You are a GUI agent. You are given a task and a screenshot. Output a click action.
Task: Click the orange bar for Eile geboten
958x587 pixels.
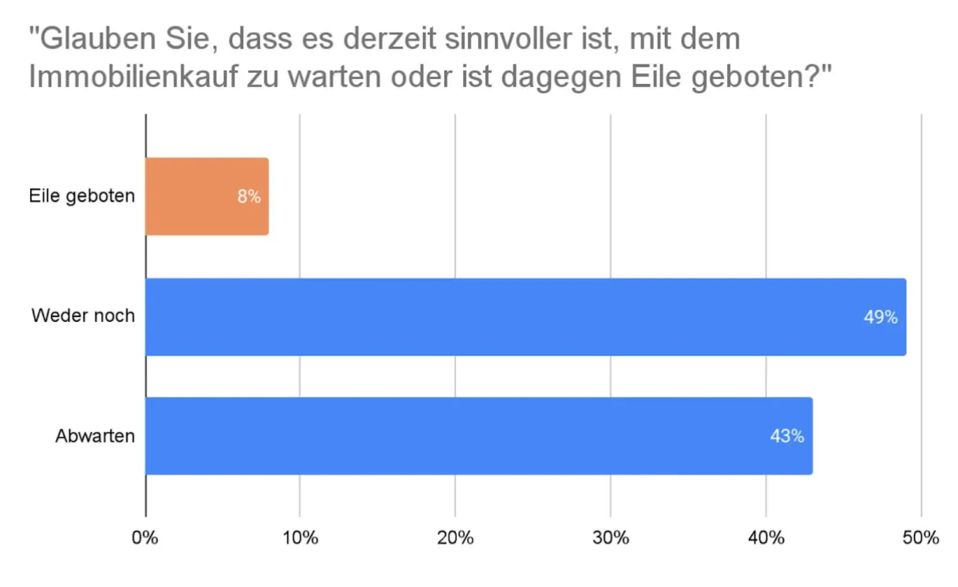click(x=207, y=196)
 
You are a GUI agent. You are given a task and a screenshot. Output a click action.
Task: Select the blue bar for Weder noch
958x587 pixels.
click(x=525, y=317)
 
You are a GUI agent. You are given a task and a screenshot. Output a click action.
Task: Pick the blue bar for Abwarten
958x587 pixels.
click(x=479, y=436)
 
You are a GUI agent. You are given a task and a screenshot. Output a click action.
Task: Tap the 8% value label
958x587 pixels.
click(x=249, y=196)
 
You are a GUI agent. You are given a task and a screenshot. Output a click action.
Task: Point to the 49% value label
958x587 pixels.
click(x=881, y=317)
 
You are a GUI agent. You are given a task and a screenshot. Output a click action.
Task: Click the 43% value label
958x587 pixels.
click(x=787, y=437)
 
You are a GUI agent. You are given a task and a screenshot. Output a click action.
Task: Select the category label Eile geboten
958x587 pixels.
click(x=82, y=196)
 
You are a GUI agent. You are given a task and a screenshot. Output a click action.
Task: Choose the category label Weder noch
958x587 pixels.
click(x=83, y=315)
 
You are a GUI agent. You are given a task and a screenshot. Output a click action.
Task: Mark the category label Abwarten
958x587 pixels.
click(x=95, y=436)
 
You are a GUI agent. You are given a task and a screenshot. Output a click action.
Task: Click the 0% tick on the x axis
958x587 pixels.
click(x=145, y=537)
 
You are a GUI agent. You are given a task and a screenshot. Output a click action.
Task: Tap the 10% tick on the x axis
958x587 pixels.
click(x=300, y=537)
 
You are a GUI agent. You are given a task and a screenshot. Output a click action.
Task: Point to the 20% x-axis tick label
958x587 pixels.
click(x=455, y=537)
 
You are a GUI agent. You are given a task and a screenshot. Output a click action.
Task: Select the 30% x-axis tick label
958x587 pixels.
click(x=611, y=537)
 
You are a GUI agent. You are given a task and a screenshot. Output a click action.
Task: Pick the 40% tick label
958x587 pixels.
click(x=766, y=537)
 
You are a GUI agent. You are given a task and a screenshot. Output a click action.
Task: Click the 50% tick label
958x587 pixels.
click(x=920, y=537)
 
